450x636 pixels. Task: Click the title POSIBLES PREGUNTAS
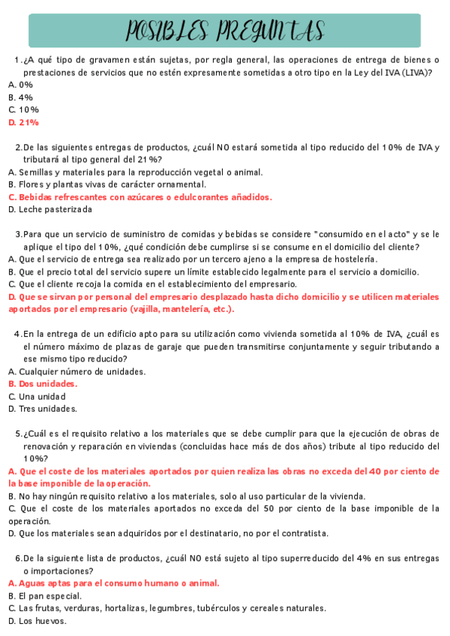tap(225, 31)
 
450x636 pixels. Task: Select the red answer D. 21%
tap(23, 122)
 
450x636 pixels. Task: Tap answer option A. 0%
tap(20, 85)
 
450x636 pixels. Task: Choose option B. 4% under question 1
tap(20, 97)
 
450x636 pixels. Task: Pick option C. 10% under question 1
tap(23, 109)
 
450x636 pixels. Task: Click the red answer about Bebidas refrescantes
tap(140, 197)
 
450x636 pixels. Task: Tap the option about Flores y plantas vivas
tap(106, 184)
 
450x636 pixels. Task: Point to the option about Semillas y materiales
tap(135, 172)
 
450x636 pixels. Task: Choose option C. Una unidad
tap(37, 396)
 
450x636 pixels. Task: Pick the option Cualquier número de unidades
tap(77, 371)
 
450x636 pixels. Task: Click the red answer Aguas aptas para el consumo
tap(113, 583)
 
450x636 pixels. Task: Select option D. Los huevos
tap(37, 621)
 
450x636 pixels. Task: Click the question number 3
tap(17, 235)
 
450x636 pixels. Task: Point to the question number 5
tap(18, 433)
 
